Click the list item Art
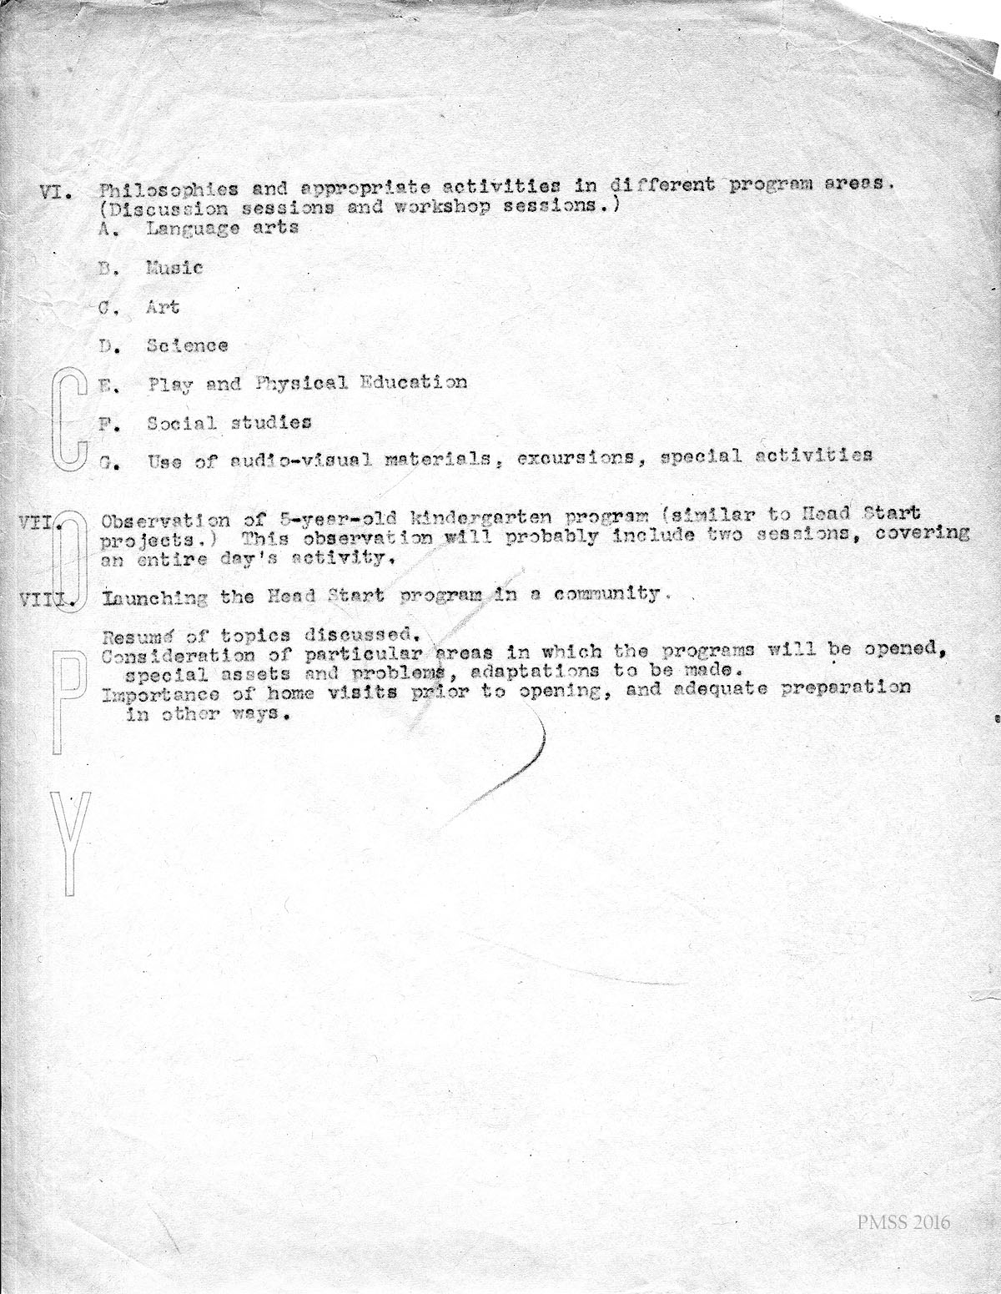pos(163,307)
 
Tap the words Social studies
pos(229,423)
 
